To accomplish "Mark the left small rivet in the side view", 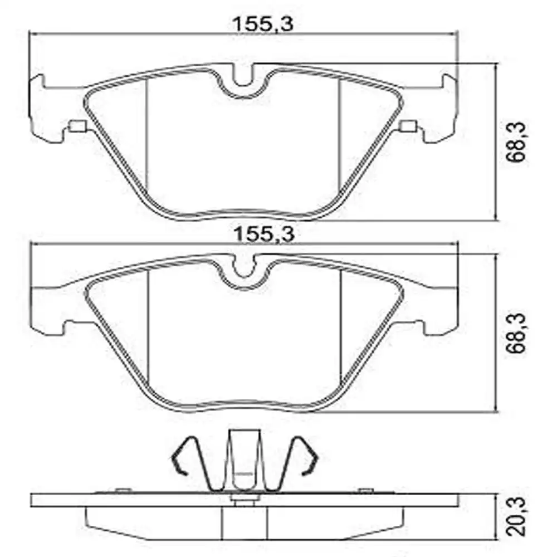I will [119, 490].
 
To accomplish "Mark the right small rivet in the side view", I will [364, 490].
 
